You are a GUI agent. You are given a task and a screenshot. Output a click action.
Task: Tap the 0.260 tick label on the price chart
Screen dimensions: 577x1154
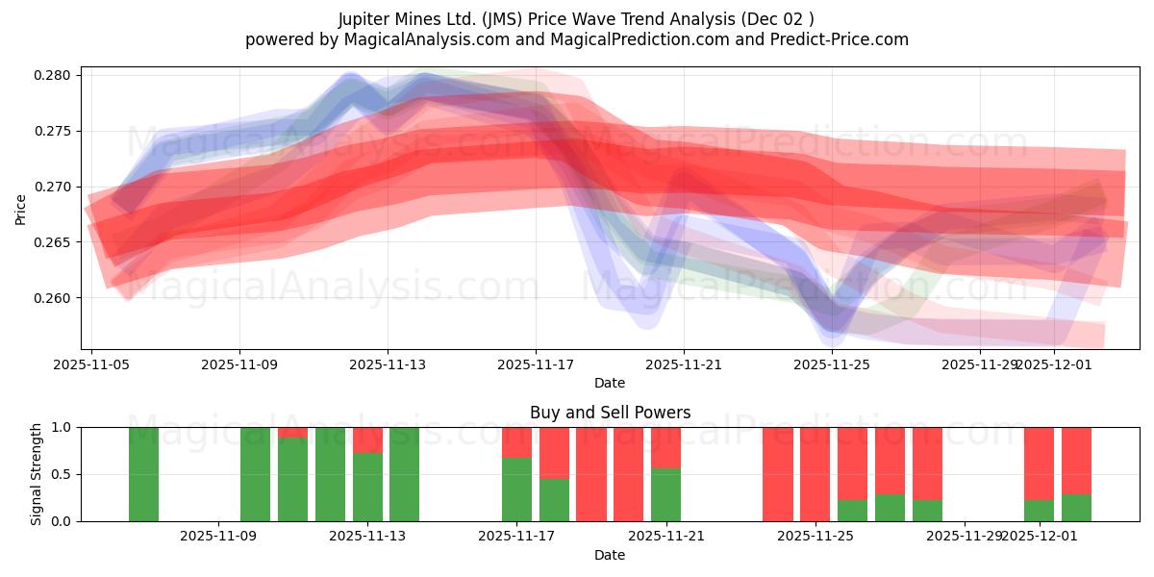tap(52, 298)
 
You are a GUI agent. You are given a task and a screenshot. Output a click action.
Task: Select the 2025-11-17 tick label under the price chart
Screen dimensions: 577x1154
tap(536, 364)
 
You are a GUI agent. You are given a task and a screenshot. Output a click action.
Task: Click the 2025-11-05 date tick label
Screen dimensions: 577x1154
tap(91, 364)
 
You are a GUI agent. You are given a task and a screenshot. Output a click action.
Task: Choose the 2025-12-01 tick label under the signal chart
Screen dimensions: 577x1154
tap(1039, 537)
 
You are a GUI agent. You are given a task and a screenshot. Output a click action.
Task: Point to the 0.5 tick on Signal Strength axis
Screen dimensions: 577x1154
tap(64, 474)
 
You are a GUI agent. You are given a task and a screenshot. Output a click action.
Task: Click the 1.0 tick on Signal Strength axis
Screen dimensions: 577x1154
tap(64, 427)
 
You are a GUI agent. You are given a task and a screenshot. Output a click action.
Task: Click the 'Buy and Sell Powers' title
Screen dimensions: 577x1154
tap(610, 413)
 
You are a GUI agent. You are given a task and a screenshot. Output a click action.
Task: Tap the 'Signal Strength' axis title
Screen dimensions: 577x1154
tap(37, 474)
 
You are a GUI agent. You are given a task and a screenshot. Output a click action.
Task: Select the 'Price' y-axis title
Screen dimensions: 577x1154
tap(21, 209)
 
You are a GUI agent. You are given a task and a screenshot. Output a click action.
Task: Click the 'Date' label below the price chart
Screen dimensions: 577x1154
tap(610, 383)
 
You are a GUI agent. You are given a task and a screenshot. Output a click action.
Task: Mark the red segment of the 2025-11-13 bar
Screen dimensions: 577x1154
tap(367, 439)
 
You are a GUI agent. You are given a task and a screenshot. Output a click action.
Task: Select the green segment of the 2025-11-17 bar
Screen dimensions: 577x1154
tap(516, 489)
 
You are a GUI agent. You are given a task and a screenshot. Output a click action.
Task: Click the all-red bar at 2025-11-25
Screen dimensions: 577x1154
tap(815, 474)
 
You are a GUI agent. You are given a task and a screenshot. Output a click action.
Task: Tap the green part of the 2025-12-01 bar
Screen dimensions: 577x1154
tap(1039, 511)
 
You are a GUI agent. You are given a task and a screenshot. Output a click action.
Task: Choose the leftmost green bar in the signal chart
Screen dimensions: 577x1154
tap(143, 474)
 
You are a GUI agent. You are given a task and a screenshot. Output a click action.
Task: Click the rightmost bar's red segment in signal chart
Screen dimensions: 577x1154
tap(1076, 461)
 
